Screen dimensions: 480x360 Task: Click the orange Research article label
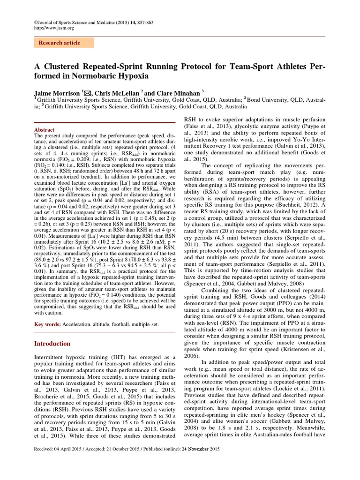[60, 43]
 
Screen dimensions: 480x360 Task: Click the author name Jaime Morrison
[57, 93]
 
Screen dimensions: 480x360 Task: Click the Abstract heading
[45, 130]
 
